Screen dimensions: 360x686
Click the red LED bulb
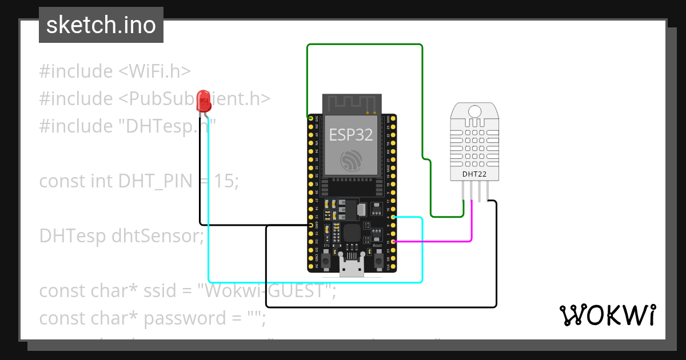coord(203,101)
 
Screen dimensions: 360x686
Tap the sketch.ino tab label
coord(101,25)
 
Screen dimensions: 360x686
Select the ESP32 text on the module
coord(351,134)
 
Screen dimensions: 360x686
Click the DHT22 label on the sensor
coord(474,174)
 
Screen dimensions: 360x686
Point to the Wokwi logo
coord(607,315)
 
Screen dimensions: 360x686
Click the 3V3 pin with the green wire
coord(310,118)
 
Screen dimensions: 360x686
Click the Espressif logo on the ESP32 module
coord(351,160)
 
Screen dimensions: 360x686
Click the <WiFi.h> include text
coord(154,71)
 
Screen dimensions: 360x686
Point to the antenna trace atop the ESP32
coord(351,104)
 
